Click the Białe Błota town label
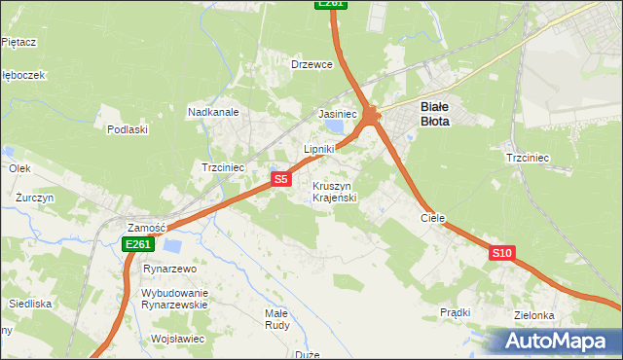coord(434,114)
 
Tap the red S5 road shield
coord(280,179)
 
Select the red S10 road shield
coord(501,253)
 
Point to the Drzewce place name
coord(312,64)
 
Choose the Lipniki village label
coord(318,149)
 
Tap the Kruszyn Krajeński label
coord(336,192)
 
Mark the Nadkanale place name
coord(213,112)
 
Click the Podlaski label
coord(128,129)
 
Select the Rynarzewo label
coord(169,269)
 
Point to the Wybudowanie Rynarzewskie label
coord(175,298)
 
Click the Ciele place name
coord(432,219)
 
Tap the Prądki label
coord(455,312)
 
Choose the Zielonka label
coord(535,315)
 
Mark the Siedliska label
coord(30,304)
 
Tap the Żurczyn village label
coord(34,197)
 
